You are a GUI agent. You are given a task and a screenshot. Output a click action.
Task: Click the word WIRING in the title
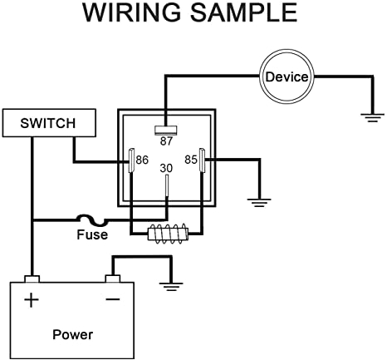tap(133, 14)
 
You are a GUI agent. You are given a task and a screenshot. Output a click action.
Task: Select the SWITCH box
tap(38, 123)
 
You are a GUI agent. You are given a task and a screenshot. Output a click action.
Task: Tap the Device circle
tap(287, 77)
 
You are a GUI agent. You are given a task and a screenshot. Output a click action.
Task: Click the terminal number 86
tap(142, 159)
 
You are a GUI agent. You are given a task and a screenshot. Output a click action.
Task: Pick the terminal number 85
tap(189, 159)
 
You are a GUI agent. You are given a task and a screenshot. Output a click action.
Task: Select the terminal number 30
tap(166, 169)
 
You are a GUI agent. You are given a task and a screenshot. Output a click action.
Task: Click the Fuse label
tap(92, 235)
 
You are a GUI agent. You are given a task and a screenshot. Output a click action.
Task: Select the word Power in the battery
tap(72, 335)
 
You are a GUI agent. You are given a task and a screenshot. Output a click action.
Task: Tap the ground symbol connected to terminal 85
tap(260, 200)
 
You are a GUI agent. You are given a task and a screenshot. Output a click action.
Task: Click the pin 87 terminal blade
tap(166, 130)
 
